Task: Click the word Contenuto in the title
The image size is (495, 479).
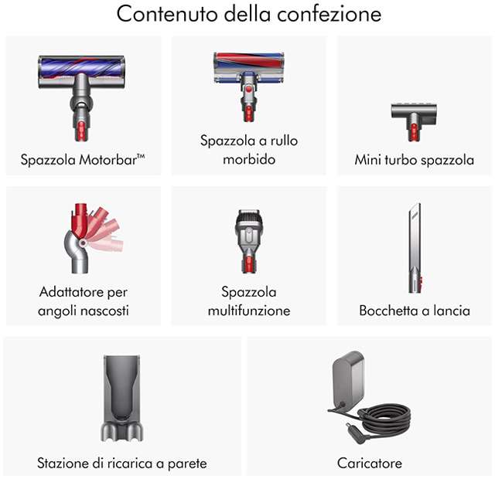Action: tap(167, 14)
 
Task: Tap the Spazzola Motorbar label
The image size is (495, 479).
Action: tap(83, 160)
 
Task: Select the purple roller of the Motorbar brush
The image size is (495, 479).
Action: tap(81, 67)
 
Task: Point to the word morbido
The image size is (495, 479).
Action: tap(249, 159)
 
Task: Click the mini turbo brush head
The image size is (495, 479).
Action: tap(414, 122)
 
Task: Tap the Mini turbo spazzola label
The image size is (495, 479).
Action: tap(415, 160)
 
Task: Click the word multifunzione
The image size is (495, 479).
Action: tap(249, 311)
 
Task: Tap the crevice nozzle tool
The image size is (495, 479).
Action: tap(415, 248)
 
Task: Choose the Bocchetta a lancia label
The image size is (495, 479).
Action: tap(415, 311)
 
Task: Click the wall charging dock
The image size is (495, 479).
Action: tap(122, 398)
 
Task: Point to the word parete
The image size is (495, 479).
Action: tap(187, 464)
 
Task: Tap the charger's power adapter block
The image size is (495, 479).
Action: tap(349, 380)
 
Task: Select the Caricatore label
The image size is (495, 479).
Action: tap(370, 463)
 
